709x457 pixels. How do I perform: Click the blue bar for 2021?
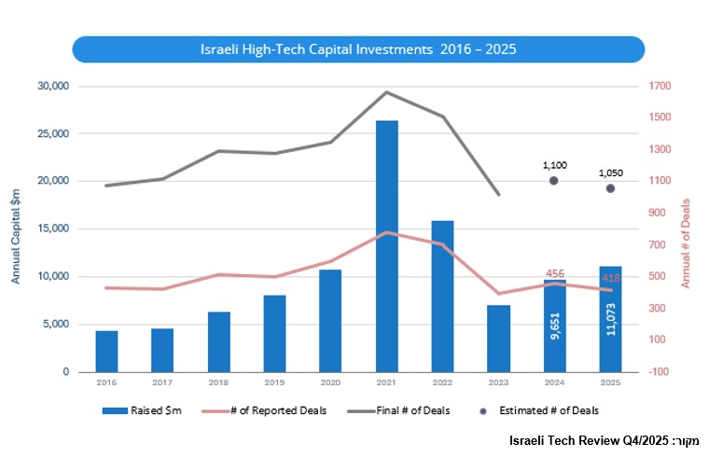tap(386, 246)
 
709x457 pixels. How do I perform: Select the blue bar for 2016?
tap(106, 351)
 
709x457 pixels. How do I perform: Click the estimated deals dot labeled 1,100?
tap(554, 181)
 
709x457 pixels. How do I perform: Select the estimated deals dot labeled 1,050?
tap(610, 188)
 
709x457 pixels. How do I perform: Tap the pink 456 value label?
tap(554, 274)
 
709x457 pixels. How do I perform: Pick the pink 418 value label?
tap(610, 278)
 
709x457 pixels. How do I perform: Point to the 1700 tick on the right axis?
tap(662, 87)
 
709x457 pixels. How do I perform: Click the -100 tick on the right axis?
tap(662, 372)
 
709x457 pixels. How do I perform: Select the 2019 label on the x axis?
tap(274, 382)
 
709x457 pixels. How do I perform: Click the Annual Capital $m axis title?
tap(16, 233)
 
